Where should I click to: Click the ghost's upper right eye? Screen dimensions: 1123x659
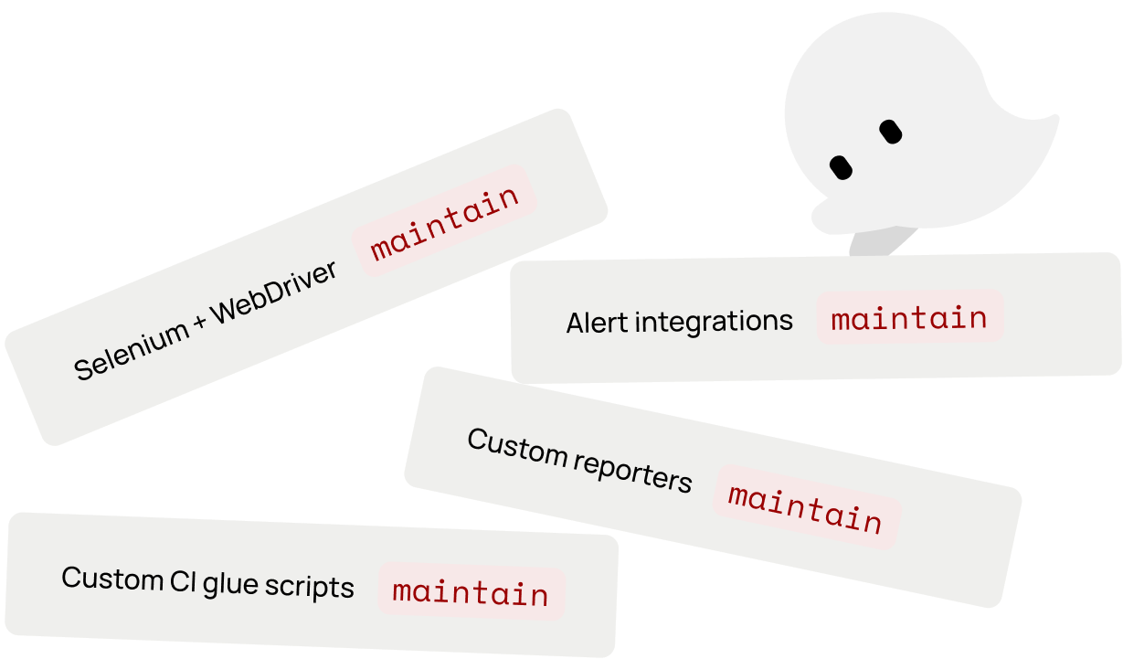(890, 132)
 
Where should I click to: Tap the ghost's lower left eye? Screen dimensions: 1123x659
(841, 167)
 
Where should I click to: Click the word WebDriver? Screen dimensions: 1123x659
(274, 292)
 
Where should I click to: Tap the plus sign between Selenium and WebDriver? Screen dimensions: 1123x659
(200, 322)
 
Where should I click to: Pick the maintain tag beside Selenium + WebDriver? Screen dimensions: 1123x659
(444, 220)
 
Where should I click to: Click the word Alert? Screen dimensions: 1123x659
(597, 323)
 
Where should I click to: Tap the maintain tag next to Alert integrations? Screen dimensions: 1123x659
(910, 317)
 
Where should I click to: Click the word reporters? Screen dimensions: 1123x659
(632, 472)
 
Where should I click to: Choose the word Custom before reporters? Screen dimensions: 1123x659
(517, 446)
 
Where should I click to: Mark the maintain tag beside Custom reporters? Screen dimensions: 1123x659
(807, 507)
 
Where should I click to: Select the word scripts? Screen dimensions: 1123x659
(310, 586)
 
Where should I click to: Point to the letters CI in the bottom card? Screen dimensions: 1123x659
(183, 581)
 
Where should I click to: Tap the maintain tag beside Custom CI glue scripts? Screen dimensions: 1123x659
(471, 591)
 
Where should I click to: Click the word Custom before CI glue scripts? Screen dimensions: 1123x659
(112, 579)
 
